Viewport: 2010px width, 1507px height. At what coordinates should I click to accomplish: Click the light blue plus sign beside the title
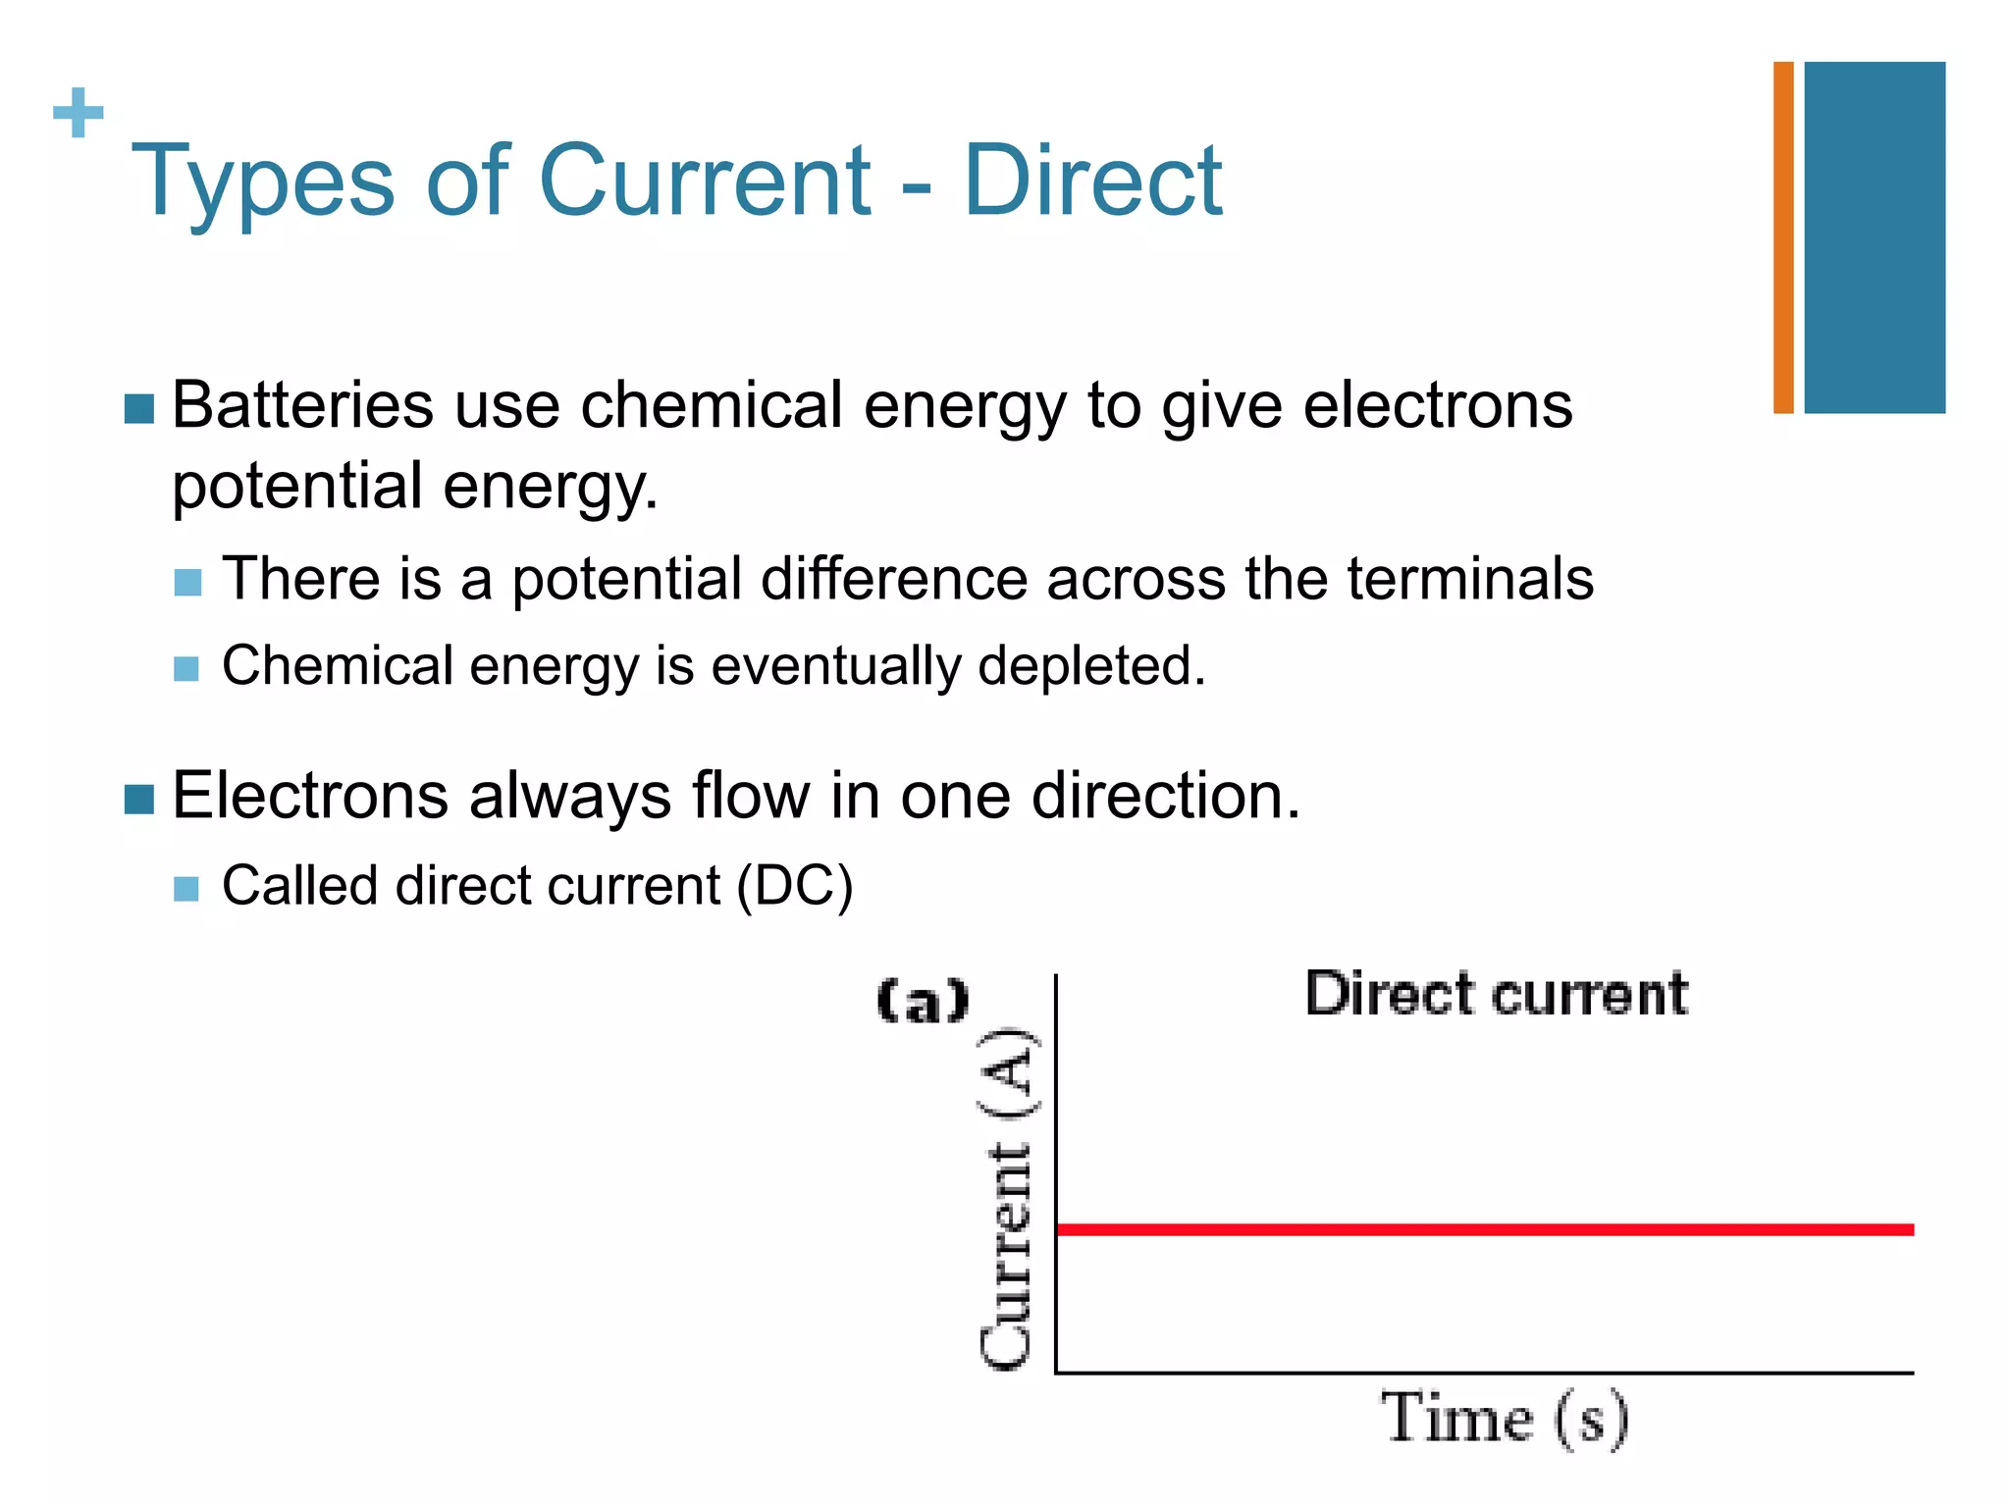(x=78, y=113)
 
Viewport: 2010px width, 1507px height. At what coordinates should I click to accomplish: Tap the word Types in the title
(x=262, y=182)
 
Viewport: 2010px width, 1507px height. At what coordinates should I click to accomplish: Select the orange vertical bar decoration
(x=1782, y=237)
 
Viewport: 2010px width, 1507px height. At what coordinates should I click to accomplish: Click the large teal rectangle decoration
(x=1874, y=237)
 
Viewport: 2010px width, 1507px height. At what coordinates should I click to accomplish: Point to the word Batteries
(x=302, y=405)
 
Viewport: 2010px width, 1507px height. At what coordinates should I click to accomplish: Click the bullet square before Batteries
(x=139, y=409)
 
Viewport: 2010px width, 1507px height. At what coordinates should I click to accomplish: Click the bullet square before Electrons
(x=139, y=800)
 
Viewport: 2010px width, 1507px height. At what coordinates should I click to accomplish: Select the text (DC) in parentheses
(x=795, y=886)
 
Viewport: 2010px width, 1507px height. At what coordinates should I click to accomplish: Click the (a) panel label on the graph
(x=922, y=1002)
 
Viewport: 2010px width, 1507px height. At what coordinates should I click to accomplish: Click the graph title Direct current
(x=1496, y=994)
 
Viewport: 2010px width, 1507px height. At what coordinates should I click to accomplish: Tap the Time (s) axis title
(x=1505, y=1419)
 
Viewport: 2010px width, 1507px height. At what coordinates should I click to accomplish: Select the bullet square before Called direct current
(x=185, y=889)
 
